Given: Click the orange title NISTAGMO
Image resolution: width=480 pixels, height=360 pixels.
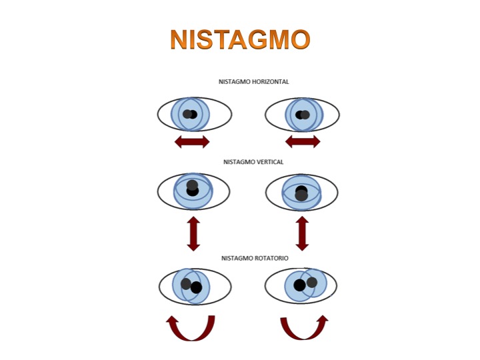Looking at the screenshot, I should pyautogui.click(x=240, y=40).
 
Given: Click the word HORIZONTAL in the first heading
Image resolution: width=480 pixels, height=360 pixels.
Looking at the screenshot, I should pyautogui.click(x=269, y=81).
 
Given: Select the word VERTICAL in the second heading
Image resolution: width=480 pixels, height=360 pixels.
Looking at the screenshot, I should pyautogui.click(x=269, y=161).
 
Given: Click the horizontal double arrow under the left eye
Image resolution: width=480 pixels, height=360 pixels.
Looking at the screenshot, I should pyautogui.click(x=192, y=141).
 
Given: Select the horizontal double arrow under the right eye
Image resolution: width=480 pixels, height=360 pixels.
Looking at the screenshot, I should pyautogui.click(x=303, y=141).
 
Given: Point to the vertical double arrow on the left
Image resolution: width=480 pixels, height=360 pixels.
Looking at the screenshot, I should pyautogui.click(x=193, y=233).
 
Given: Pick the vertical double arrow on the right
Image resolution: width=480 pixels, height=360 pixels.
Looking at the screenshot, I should pyautogui.click(x=302, y=233).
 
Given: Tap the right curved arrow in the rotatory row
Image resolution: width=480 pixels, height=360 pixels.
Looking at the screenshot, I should pyautogui.click(x=304, y=327).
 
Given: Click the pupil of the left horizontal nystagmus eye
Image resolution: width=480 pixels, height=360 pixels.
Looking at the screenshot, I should pyautogui.click(x=191, y=114).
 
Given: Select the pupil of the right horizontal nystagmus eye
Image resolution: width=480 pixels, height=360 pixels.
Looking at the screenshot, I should pyautogui.click(x=302, y=115).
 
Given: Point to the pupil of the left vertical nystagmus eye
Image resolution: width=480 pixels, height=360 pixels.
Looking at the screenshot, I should pyautogui.click(x=193, y=188).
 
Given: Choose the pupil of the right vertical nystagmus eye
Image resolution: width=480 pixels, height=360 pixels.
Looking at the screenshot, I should pyautogui.click(x=301, y=193).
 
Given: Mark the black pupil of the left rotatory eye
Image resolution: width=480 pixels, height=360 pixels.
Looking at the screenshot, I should pyautogui.click(x=196, y=287).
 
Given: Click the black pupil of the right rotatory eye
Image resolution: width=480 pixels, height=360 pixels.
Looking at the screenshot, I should pyautogui.click(x=299, y=285).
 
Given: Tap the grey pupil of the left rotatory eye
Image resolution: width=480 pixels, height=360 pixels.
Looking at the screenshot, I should pyautogui.click(x=186, y=283).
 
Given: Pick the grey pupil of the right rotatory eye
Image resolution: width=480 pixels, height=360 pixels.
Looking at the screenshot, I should pyautogui.click(x=312, y=282).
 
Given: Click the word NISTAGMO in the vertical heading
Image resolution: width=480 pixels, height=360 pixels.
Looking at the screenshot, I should pyautogui.click(x=237, y=161).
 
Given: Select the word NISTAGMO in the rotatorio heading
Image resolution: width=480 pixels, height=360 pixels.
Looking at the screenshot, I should pyautogui.click(x=235, y=258).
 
